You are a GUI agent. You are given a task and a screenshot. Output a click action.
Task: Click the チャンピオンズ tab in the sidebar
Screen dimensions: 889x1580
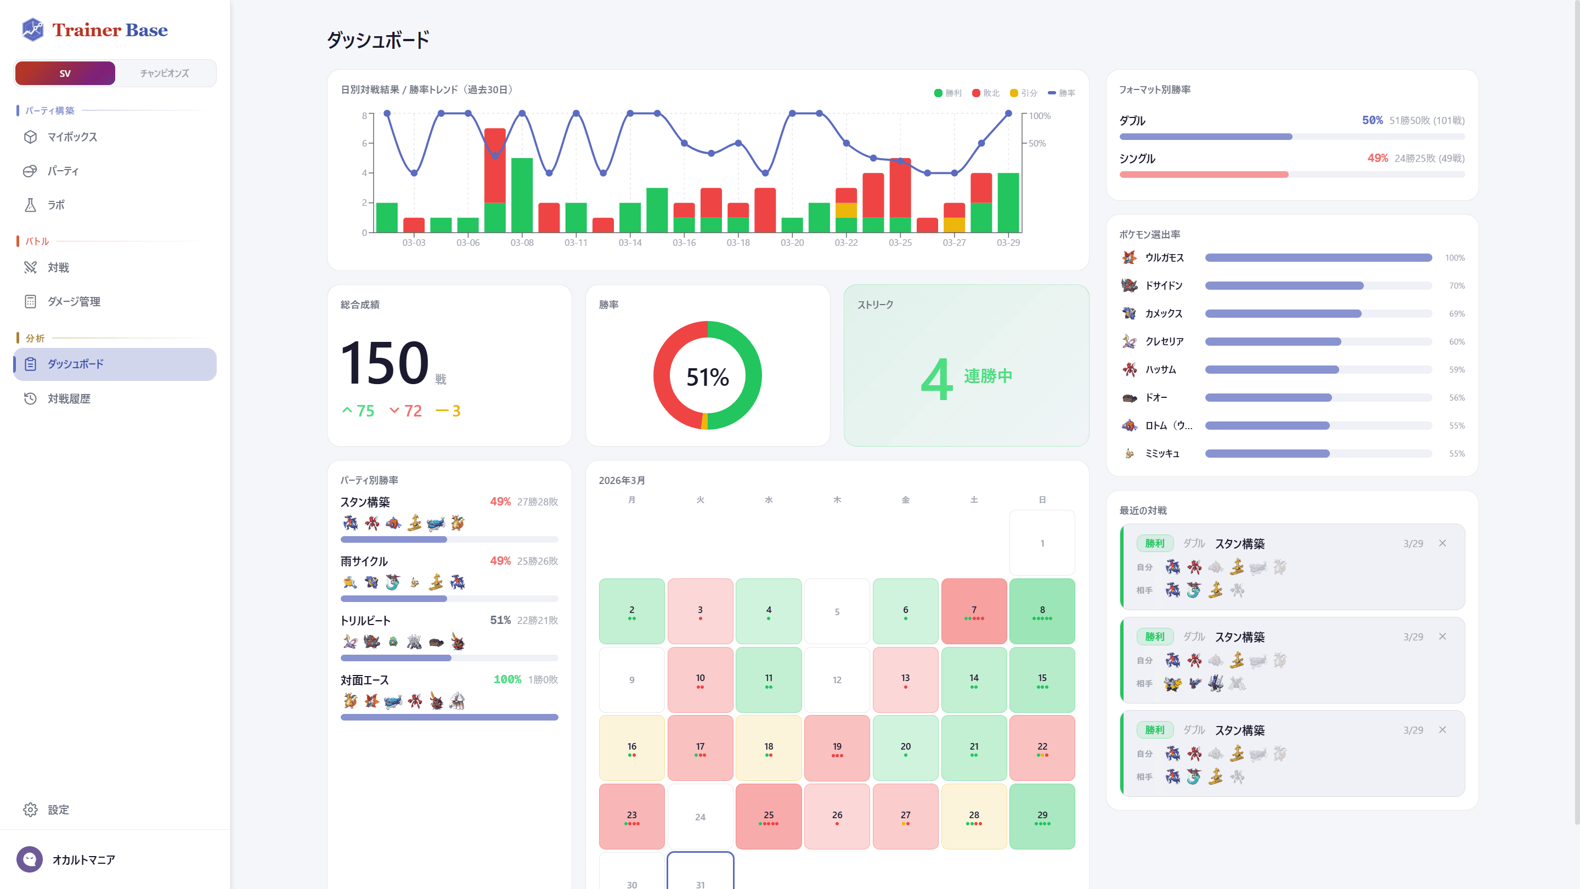[x=165, y=74]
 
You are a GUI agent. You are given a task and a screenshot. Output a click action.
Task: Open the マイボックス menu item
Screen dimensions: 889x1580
[x=72, y=137]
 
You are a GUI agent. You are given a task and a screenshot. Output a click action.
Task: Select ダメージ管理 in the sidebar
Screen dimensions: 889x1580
[x=74, y=301]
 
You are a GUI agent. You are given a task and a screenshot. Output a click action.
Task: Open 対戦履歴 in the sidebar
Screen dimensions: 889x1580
[x=69, y=399]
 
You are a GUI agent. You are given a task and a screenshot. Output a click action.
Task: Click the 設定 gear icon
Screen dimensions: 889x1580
[x=30, y=810]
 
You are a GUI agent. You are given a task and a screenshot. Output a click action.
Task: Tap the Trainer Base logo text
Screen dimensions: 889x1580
[x=109, y=30]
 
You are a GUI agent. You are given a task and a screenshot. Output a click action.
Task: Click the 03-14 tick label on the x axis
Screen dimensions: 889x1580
[x=630, y=243]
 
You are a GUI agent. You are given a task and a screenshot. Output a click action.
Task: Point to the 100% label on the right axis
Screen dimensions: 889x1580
[x=1040, y=116]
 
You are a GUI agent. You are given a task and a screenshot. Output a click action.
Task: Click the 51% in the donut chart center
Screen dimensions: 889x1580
[x=707, y=376]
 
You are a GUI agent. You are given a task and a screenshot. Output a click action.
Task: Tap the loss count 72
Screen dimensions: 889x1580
[x=413, y=411]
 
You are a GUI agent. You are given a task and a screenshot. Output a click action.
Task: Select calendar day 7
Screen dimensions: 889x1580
[x=973, y=610]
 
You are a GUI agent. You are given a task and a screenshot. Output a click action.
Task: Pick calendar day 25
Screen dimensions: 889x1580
[x=768, y=816]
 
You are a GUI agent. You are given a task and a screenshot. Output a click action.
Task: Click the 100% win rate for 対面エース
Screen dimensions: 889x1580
[x=507, y=679]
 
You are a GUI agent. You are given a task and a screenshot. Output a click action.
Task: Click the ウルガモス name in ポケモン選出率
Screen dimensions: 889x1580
[x=1164, y=258]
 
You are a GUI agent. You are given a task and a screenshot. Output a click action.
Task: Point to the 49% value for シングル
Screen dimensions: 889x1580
[x=1378, y=158]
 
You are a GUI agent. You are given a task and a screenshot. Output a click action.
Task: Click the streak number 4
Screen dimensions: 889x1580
[x=936, y=379]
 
